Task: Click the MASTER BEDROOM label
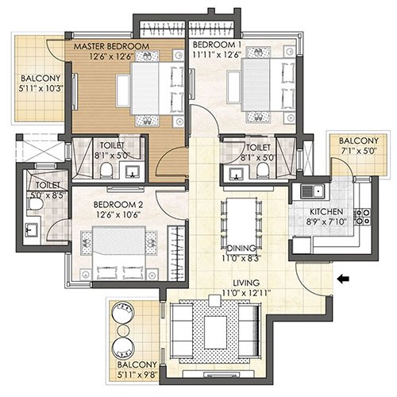(x=111, y=46)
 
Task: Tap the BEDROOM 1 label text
(x=217, y=44)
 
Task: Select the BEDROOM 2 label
(x=118, y=205)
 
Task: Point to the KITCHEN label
(x=326, y=212)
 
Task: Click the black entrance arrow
(x=344, y=279)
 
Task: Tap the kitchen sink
(x=312, y=191)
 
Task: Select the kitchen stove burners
(x=363, y=217)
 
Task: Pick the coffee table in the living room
(x=216, y=333)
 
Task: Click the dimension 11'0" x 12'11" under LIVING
(x=246, y=293)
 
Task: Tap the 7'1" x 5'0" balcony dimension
(x=358, y=151)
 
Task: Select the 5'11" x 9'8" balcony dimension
(x=137, y=375)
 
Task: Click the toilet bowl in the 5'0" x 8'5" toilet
(x=35, y=204)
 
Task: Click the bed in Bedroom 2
(x=119, y=252)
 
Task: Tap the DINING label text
(x=241, y=248)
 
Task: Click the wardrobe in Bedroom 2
(x=176, y=253)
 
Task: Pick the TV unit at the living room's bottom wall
(x=218, y=374)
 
